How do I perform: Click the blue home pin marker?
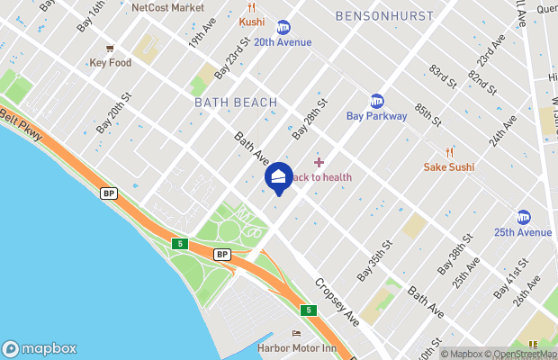(x=279, y=177)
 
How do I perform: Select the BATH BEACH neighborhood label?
(x=236, y=103)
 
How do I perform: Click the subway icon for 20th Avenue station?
(x=283, y=27)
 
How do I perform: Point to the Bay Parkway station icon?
(x=377, y=101)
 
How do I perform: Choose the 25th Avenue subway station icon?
(x=523, y=217)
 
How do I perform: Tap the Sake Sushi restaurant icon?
(x=449, y=153)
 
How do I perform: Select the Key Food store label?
(x=110, y=63)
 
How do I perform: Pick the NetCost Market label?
(x=167, y=7)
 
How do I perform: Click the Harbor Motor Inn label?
(x=296, y=348)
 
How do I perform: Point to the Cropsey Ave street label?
(x=337, y=301)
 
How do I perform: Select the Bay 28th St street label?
(x=309, y=121)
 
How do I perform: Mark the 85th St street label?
(x=426, y=113)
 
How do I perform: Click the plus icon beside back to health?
(x=319, y=162)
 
